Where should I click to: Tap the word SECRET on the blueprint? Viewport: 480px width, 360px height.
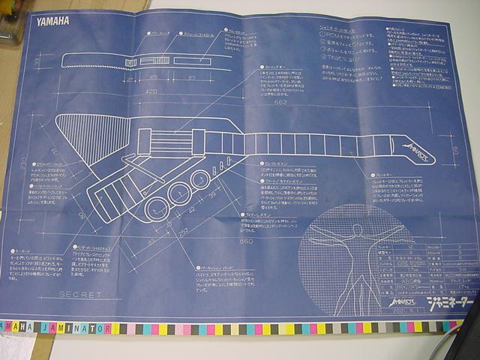[80, 294]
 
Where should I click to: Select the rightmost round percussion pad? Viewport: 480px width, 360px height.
[200, 180]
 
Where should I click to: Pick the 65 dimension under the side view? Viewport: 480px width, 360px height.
[153, 77]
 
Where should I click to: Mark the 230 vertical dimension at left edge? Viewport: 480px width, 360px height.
[24, 162]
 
